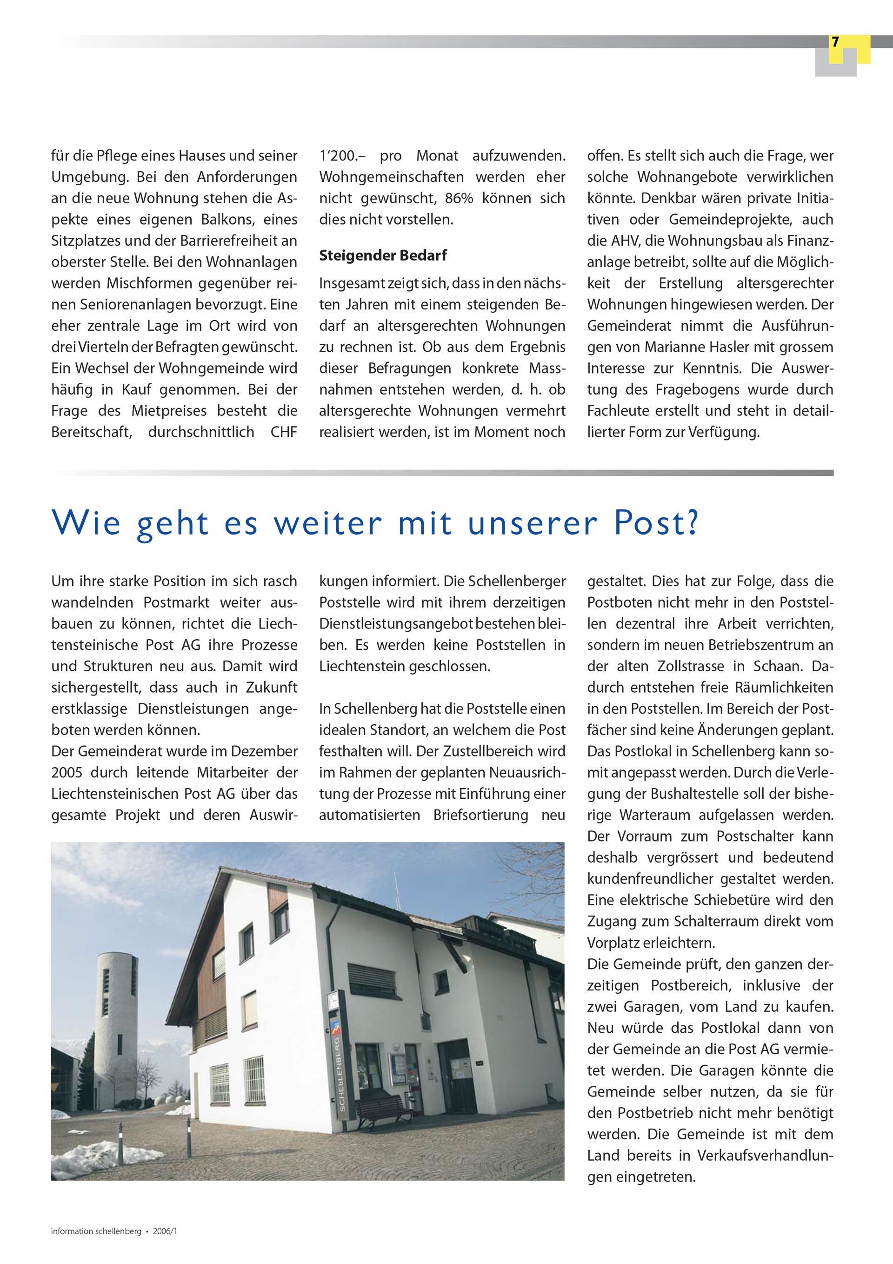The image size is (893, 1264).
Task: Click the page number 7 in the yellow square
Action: point(835,42)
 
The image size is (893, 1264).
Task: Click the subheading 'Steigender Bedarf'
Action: point(383,255)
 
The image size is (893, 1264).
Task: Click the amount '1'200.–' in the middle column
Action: point(342,156)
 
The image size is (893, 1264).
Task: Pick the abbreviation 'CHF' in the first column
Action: point(284,432)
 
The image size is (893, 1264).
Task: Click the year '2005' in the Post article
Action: point(67,772)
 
